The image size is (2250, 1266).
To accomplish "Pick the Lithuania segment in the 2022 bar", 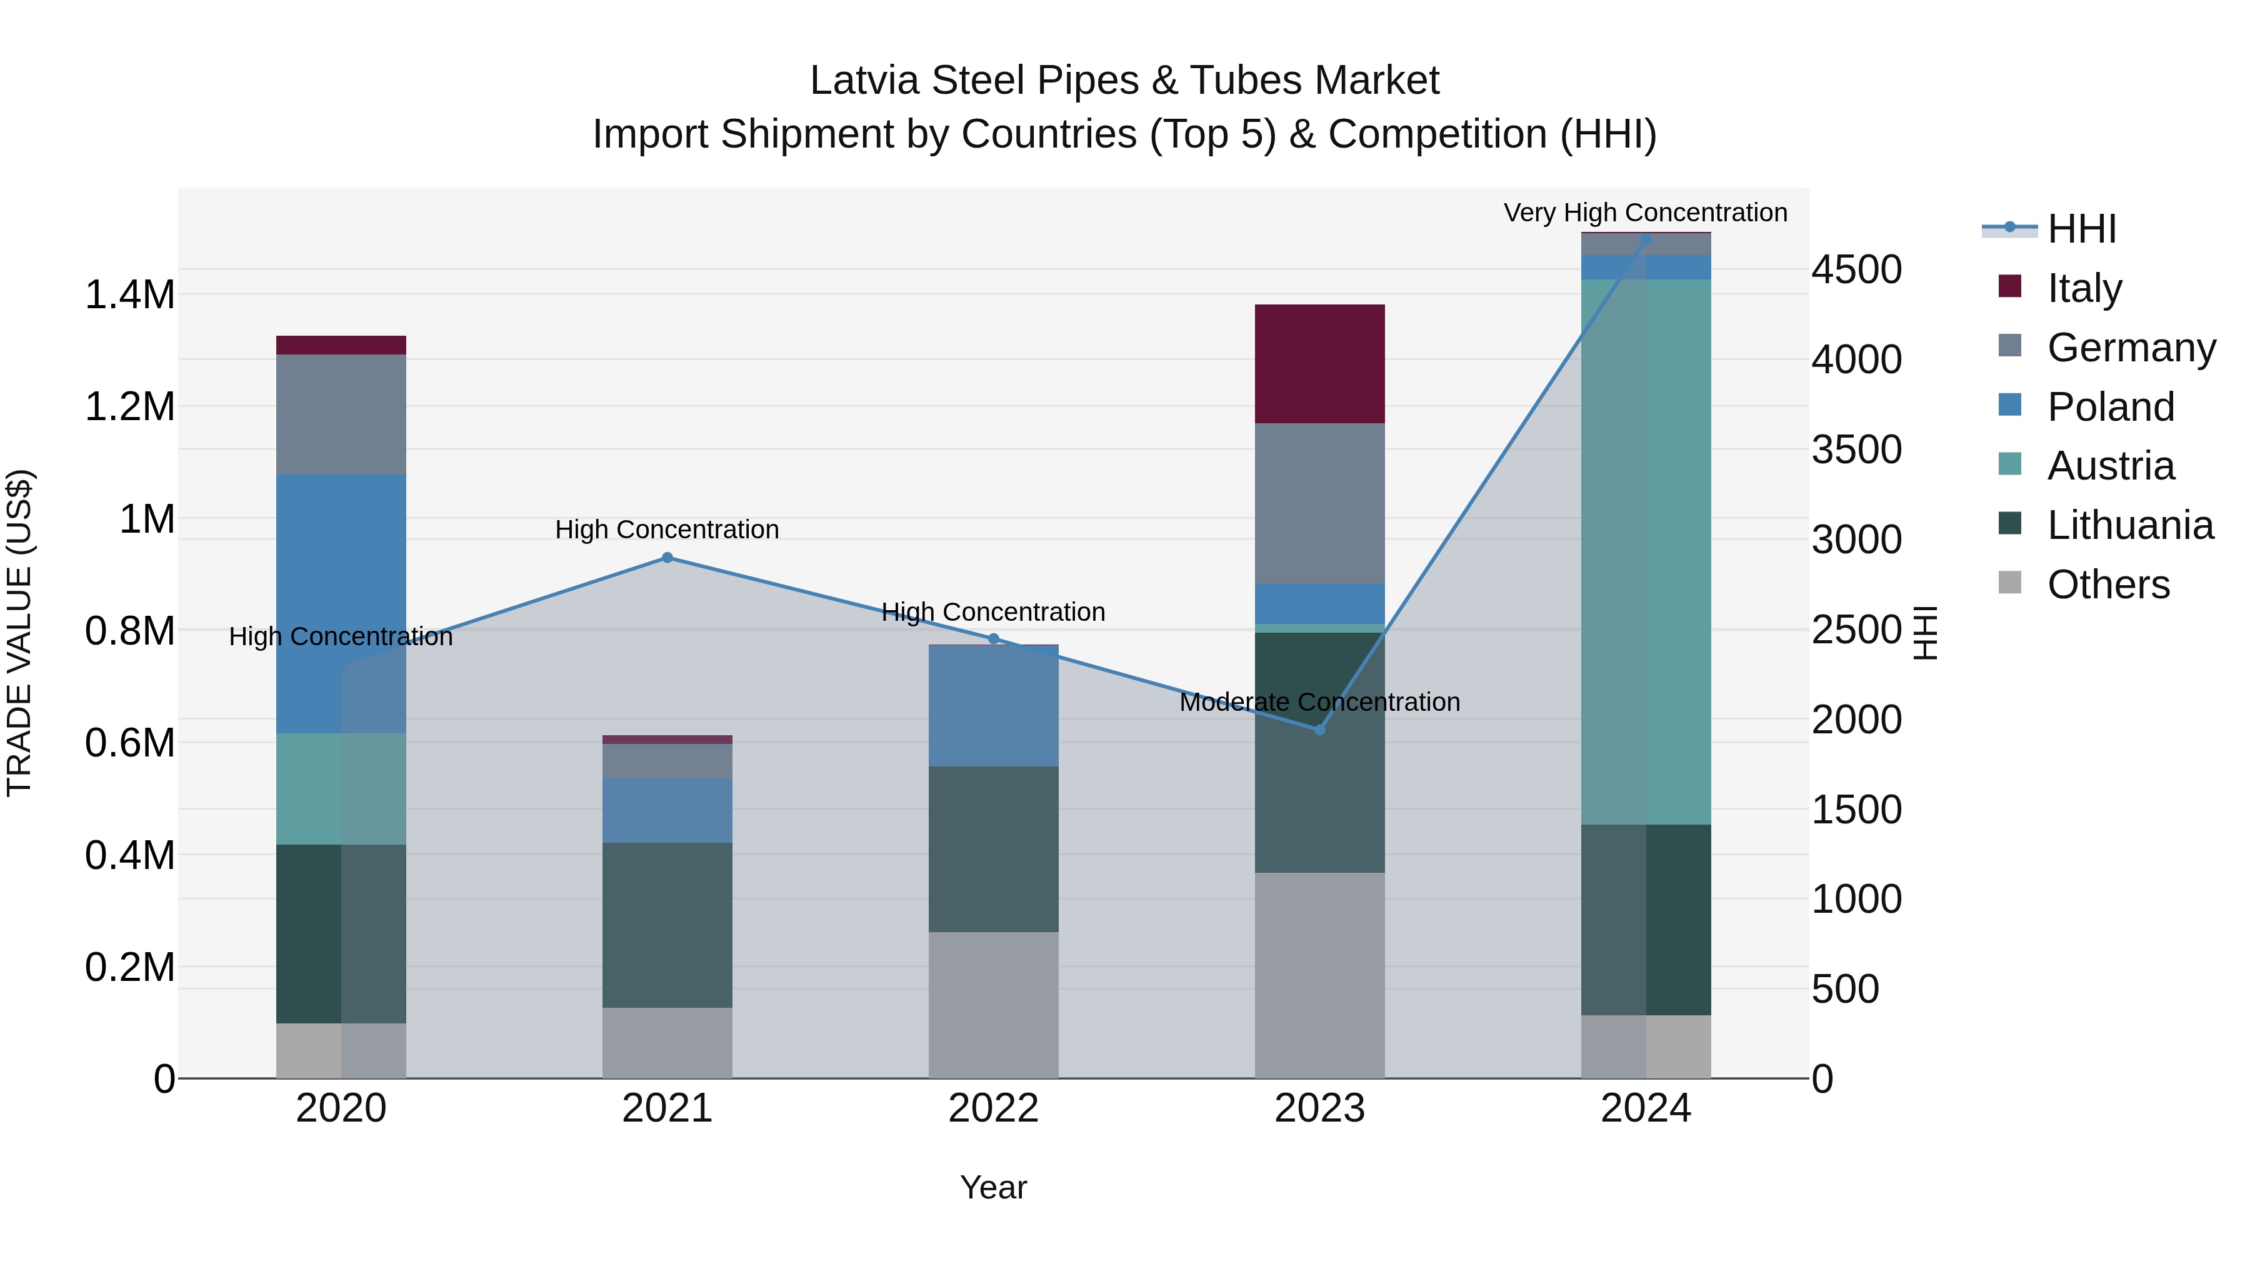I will (x=993, y=848).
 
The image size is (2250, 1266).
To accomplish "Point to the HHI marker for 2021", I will (x=667, y=558).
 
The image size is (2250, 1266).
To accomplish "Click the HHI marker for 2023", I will (x=1320, y=730).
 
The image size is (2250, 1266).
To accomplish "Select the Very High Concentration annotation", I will (x=1645, y=213).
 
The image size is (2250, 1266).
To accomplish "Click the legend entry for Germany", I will (x=2131, y=348).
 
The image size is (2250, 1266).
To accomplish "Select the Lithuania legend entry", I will (x=2129, y=525).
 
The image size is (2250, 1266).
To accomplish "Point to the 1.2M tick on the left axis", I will (x=129, y=407).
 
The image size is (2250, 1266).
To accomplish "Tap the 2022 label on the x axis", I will (x=993, y=1108).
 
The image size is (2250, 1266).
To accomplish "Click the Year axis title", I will (x=993, y=1187).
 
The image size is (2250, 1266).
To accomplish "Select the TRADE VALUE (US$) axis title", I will (x=19, y=633).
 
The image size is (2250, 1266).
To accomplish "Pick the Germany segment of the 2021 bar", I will (x=667, y=761).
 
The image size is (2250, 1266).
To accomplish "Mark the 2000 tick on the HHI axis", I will (x=1856, y=720).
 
